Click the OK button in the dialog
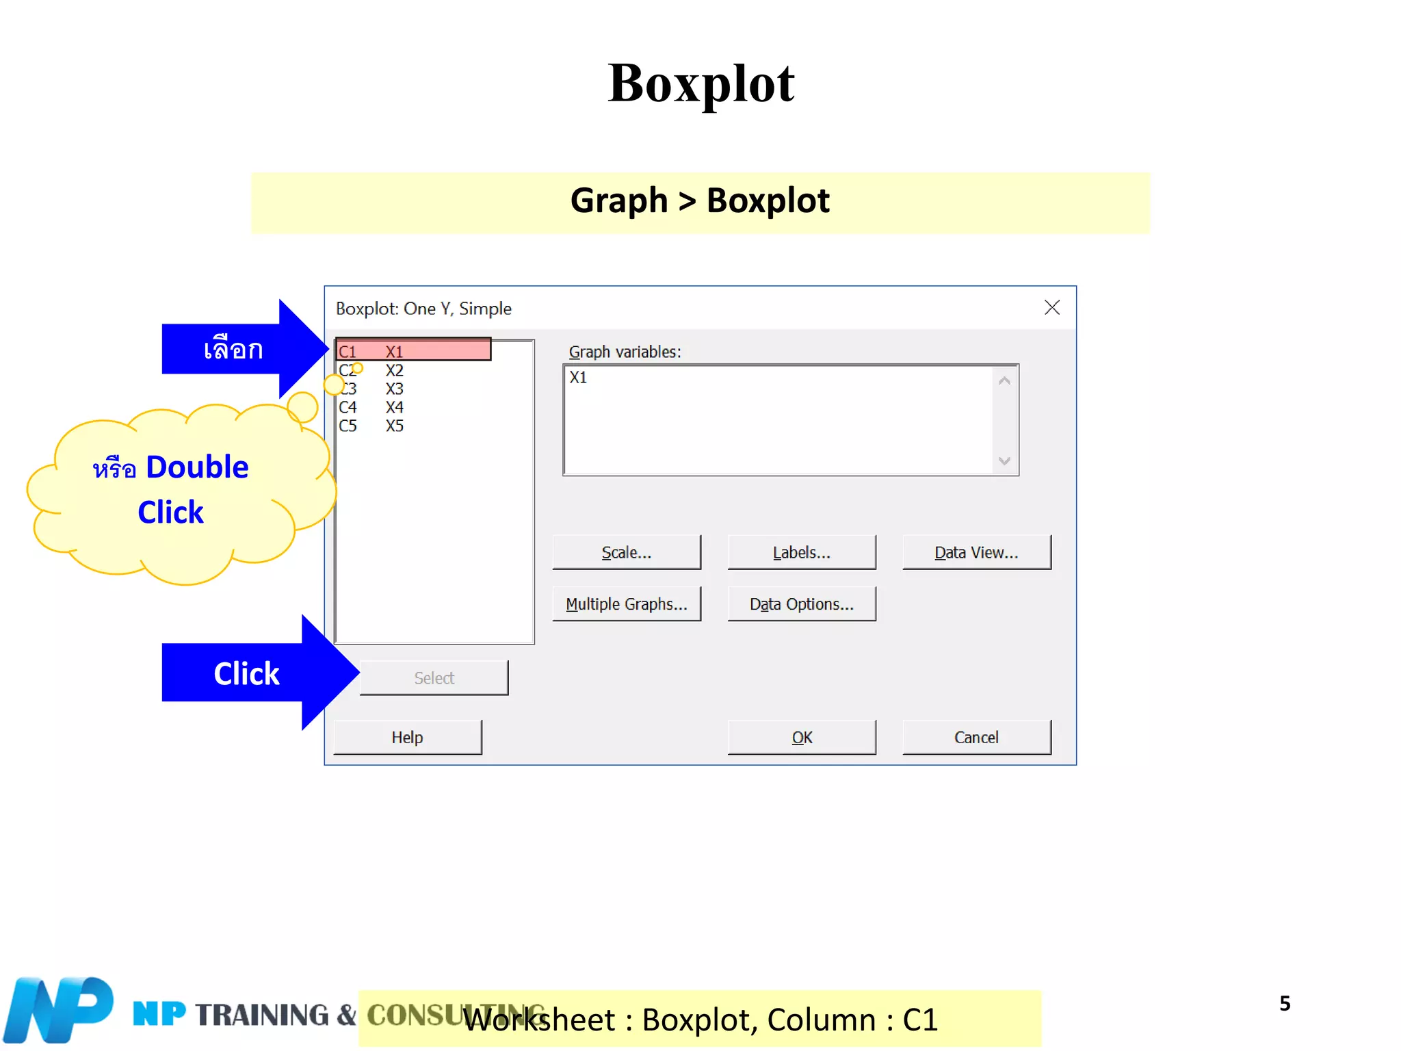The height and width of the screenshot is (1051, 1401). (x=801, y=737)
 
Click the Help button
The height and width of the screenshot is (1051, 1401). (x=407, y=737)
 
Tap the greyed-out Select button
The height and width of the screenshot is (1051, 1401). (x=434, y=677)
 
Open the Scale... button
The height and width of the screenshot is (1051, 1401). (x=626, y=552)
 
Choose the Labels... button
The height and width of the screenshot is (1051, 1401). (x=801, y=552)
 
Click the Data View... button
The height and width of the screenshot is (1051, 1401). (x=976, y=552)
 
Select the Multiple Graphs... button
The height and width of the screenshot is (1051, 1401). (x=626, y=604)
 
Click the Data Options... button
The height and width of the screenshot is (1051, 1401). (x=801, y=604)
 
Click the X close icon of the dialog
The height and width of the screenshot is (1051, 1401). (x=1051, y=307)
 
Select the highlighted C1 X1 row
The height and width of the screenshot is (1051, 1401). (x=413, y=351)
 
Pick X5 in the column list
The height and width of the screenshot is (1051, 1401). (x=394, y=426)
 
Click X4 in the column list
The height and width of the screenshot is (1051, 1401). (x=394, y=407)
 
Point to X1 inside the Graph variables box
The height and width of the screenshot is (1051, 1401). (x=578, y=377)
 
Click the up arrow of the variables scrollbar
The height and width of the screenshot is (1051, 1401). (x=1004, y=380)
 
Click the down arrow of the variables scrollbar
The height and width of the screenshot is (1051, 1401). (x=1004, y=460)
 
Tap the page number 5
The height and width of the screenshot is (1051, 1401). (x=1285, y=1003)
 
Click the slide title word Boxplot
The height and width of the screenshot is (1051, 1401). (x=700, y=83)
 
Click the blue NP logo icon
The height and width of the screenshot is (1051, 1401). (x=58, y=1009)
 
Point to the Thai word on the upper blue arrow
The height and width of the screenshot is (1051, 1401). (x=233, y=349)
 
